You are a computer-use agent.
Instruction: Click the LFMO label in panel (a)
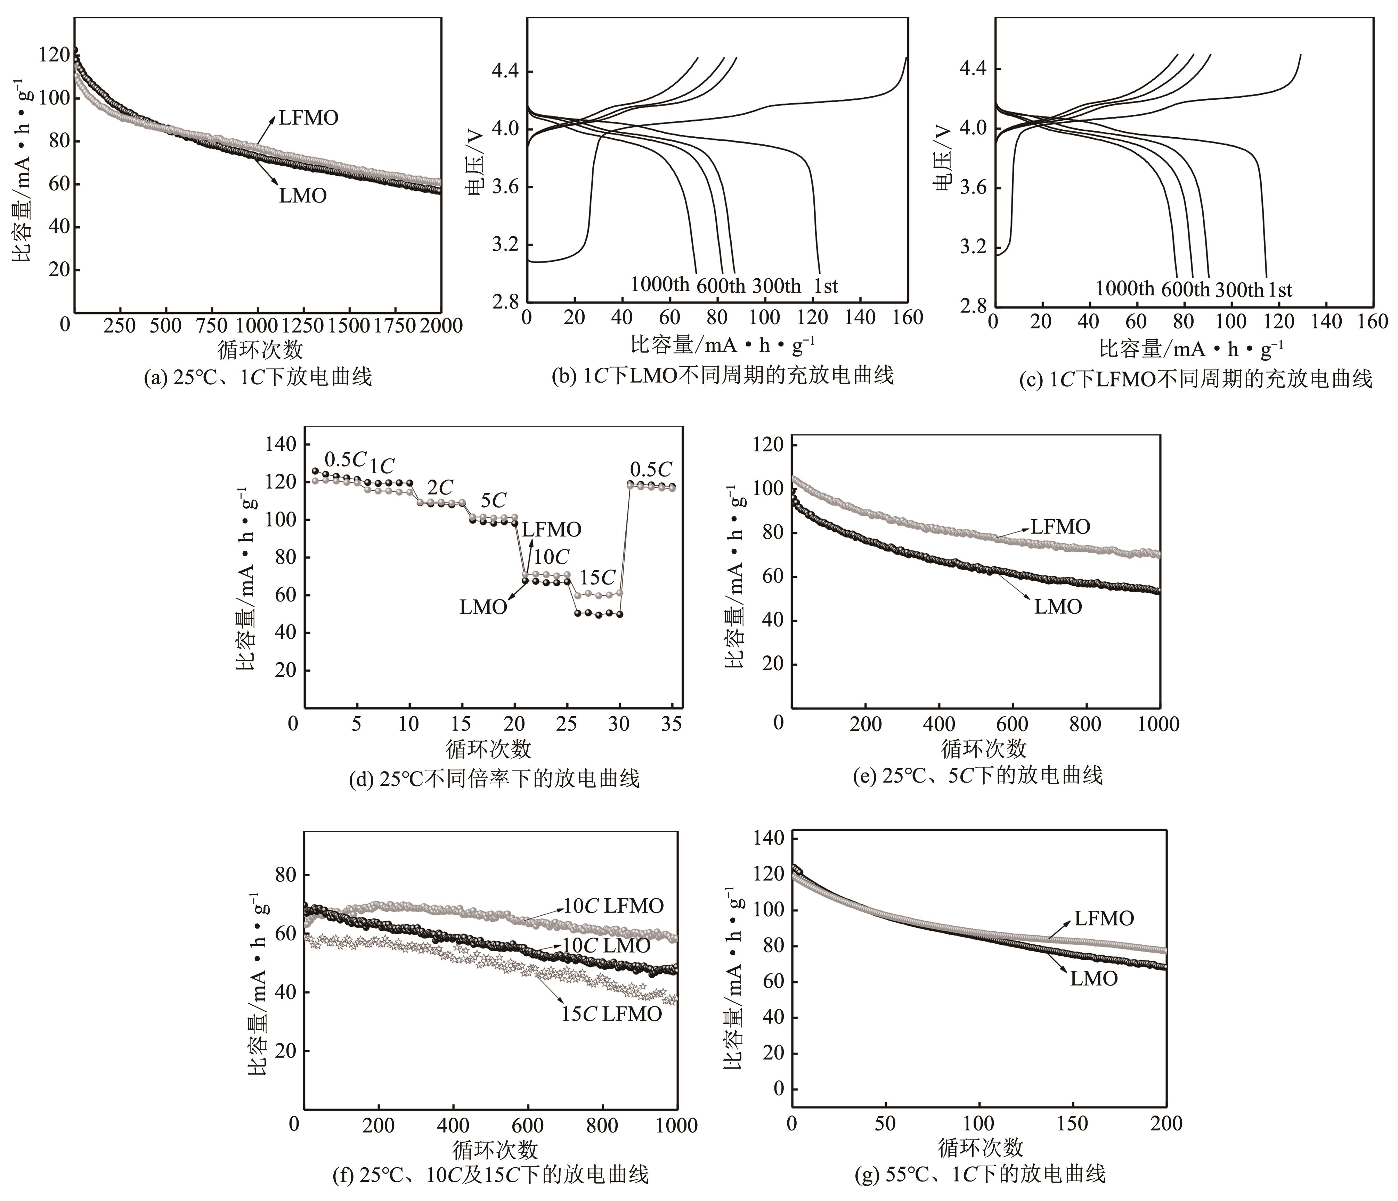308,118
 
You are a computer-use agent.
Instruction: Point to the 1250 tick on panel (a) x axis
302,325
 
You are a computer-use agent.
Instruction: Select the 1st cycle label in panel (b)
826,286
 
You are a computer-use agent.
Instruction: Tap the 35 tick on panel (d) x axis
671,724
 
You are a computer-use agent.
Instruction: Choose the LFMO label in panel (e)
1060,527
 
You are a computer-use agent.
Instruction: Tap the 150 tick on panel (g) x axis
1072,1124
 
